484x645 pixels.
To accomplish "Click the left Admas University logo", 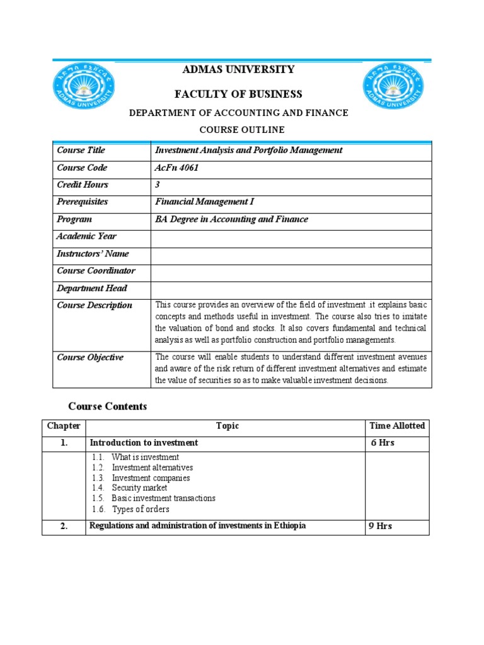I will pyautogui.click(x=83, y=89).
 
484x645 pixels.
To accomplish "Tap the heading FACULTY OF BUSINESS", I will pyautogui.click(x=238, y=94).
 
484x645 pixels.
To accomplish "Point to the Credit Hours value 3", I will pyautogui.click(x=158, y=185).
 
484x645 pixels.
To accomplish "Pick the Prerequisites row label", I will pyautogui.click(x=82, y=202).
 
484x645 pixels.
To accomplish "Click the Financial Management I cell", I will pyautogui.click(x=204, y=202).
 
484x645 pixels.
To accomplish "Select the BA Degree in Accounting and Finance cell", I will pyautogui.click(x=231, y=219).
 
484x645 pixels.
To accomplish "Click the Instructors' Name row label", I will pyautogui.click(x=93, y=254).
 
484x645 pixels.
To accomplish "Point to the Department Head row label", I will pyautogui.click(x=91, y=288).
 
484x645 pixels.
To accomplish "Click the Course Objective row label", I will pyautogui.click(x=90, y=357).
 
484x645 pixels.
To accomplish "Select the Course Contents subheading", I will pyautogui.click(x=107, y=407).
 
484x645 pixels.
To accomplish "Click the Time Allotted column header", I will pyautogui.click(x=397, y=426).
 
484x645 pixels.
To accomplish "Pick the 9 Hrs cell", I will pyautogui.click(x=380, y=526).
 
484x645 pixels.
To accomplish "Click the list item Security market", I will pyautogui.click(x=139, y=488).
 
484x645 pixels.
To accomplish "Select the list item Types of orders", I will pyautogui.click(x=141, y=509).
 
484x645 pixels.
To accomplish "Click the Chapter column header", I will pyautogui.click(x=64, y=426).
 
